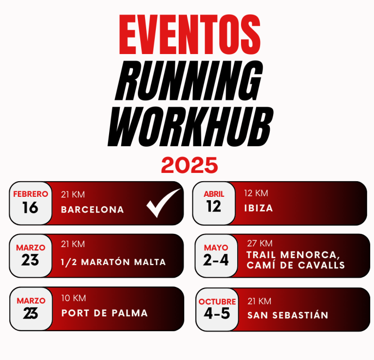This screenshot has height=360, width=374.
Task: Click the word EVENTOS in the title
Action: pos(189,35)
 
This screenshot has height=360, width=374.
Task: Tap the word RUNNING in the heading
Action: pos(189,80)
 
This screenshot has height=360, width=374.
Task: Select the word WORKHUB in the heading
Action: pos(190,127)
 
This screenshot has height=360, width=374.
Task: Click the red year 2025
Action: pos(189,165)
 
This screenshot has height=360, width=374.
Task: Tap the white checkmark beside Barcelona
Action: pos(163,203)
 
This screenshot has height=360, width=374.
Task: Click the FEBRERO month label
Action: pos(31,194)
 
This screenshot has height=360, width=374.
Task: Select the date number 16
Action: pos(30,208)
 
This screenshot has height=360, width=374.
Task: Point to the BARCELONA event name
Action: pos(93,209)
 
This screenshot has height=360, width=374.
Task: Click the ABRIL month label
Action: pos(214,194)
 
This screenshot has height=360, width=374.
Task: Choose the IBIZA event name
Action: pos(259,208)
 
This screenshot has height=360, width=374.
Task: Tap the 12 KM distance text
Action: pos(256,193)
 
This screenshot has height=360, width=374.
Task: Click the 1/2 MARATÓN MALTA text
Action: pos(113,262)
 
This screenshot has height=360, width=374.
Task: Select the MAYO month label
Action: pos(216,247)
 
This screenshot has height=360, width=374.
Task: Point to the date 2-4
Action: pos(216,260)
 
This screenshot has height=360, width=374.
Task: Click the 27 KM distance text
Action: pos(260,244)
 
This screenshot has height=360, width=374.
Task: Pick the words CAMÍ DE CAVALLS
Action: pos(296,265)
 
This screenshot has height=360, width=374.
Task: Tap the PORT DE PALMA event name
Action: pos(105,313)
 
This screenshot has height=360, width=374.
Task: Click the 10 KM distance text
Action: pos(74,298)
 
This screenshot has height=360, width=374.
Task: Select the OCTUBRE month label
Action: pos(217,302)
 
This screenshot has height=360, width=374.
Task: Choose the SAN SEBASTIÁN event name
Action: pos(288,315)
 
